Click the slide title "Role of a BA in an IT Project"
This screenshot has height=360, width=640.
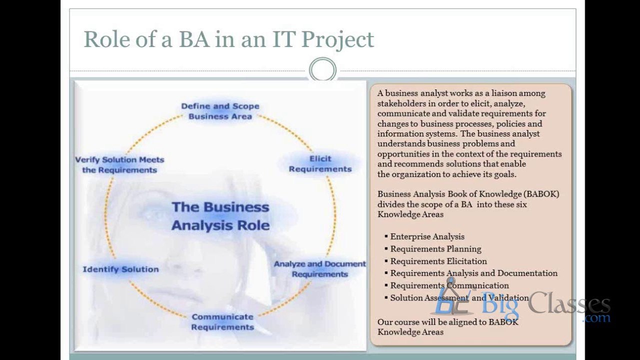point(228,39)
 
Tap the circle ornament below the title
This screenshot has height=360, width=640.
point(322,70)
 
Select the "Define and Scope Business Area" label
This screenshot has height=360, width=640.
point(220,111)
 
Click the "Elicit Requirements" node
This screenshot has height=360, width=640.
point(320,164)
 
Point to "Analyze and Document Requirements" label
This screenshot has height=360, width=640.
point(319,269)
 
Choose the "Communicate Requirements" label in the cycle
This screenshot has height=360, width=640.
point(222,322)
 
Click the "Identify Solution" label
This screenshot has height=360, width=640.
point(120,269)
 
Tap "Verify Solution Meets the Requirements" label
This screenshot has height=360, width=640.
point(119,164)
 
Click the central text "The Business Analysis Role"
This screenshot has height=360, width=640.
point(220,216)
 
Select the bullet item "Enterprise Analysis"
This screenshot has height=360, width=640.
point(427,236)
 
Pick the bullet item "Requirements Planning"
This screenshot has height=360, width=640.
point(435,248)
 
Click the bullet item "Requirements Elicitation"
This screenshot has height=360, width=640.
point(438,261)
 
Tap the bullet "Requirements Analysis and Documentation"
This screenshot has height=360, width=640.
point(473,273)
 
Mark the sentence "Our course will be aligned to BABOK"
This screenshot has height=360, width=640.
point(447,322)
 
